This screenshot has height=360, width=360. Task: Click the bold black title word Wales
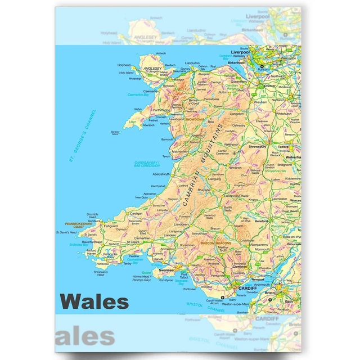pos(94,301)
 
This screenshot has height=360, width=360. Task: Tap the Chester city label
pos(269,86)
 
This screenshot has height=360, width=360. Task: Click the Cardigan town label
pos(136,214)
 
